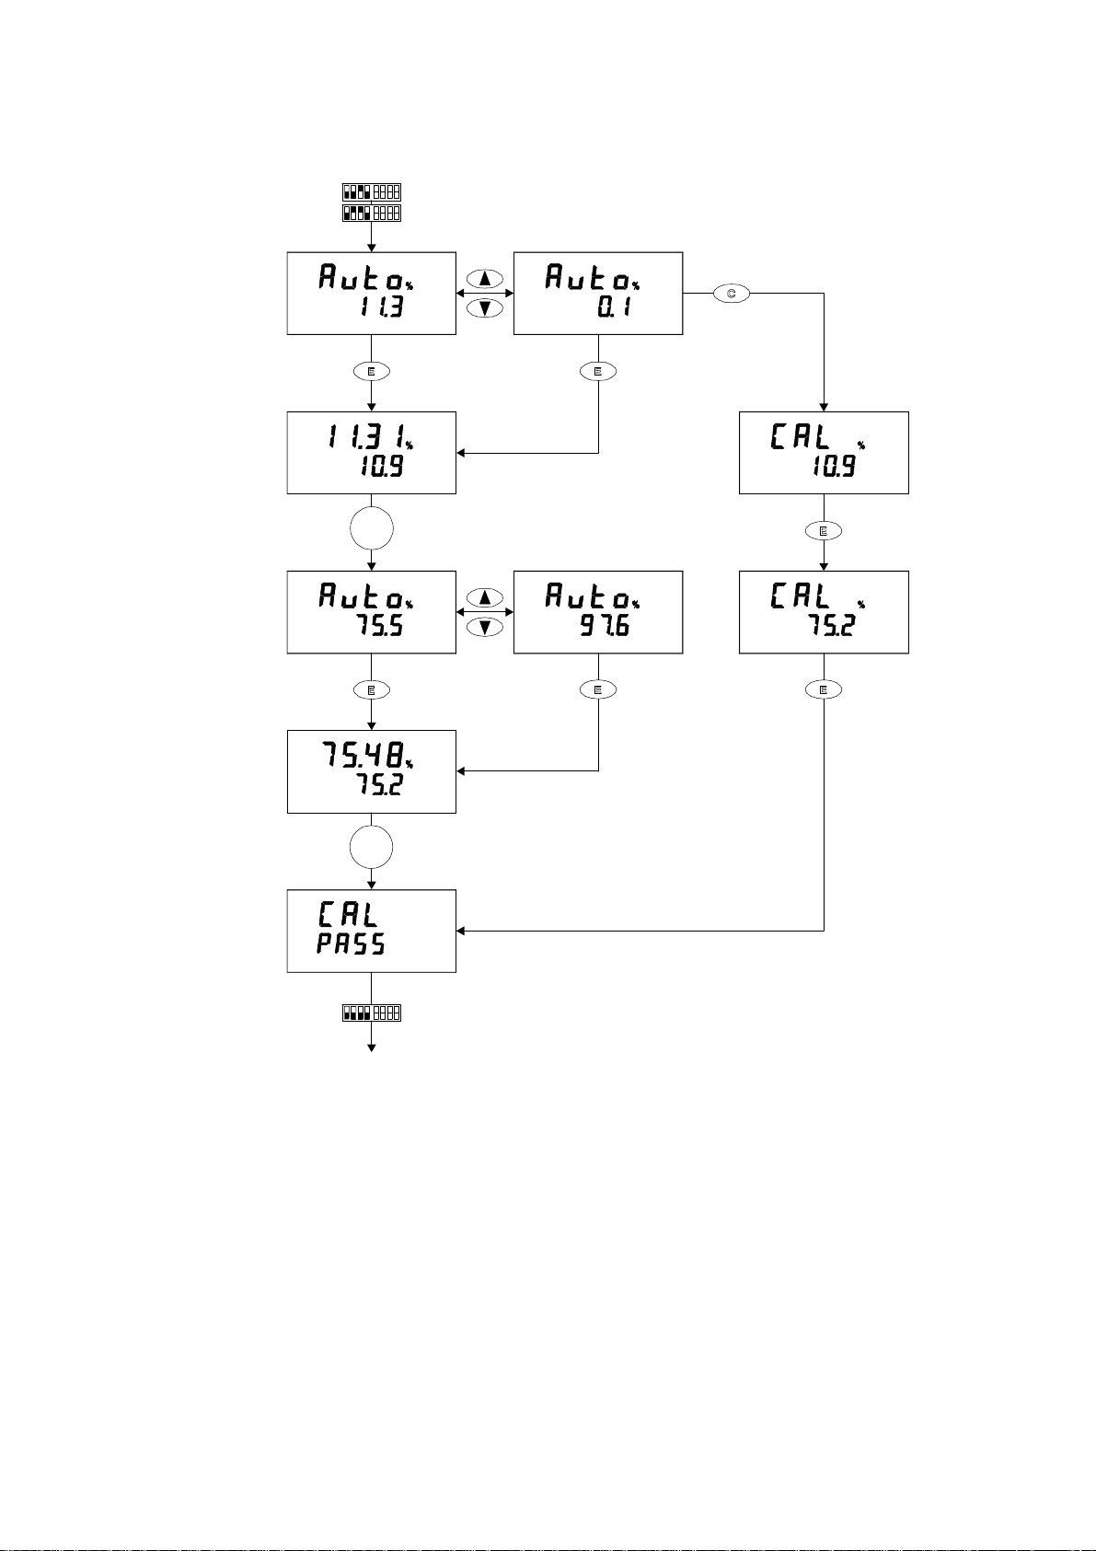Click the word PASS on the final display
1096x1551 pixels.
(351, 944)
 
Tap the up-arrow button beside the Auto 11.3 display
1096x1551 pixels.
(485, 278)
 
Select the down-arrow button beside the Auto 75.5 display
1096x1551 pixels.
(485, 627)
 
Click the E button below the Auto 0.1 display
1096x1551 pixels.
(598, 372)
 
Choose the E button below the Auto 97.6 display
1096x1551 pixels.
(598, 689)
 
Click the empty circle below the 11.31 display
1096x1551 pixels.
(372, 529)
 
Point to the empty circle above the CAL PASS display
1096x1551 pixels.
(372, 847)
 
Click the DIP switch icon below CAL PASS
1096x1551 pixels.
(372, 1013)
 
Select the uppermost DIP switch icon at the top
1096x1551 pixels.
(372, 192)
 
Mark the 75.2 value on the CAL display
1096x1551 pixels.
(832, 628)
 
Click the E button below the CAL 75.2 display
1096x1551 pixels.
(824, 689)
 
